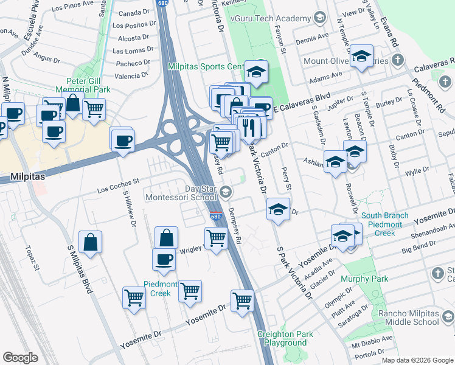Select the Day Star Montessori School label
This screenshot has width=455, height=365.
tap(181, 193)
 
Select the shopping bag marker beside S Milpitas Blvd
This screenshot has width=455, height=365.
tap(90, 243)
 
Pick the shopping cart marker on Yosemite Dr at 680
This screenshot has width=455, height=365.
tap(242, 301)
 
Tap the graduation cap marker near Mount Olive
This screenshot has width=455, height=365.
tap(362, 58)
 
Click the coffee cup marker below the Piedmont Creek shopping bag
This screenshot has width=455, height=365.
tap(164, 259)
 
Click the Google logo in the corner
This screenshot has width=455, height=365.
tap(21, 358)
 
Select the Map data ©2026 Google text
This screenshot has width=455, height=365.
tap(417, 360)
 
